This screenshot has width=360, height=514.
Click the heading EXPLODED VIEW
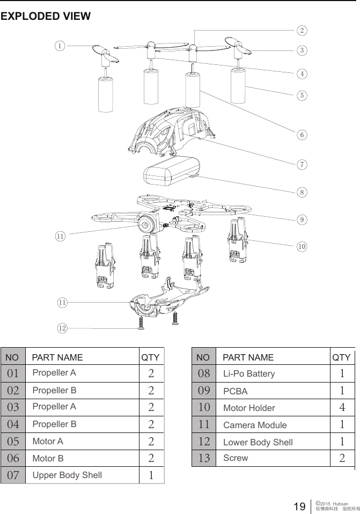(46, 16)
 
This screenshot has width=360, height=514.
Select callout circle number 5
(303, 95)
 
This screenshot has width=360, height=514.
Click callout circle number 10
(303, 246)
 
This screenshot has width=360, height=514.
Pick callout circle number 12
(63, 327)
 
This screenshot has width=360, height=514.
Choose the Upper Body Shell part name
(67, 475)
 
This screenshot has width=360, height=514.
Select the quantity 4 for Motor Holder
(342, 408)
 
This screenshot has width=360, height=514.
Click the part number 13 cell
(204, 458)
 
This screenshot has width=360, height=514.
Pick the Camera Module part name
(254, 425)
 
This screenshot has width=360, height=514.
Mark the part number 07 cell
(13, 475)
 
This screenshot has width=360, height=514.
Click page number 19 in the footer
(299, 505)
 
